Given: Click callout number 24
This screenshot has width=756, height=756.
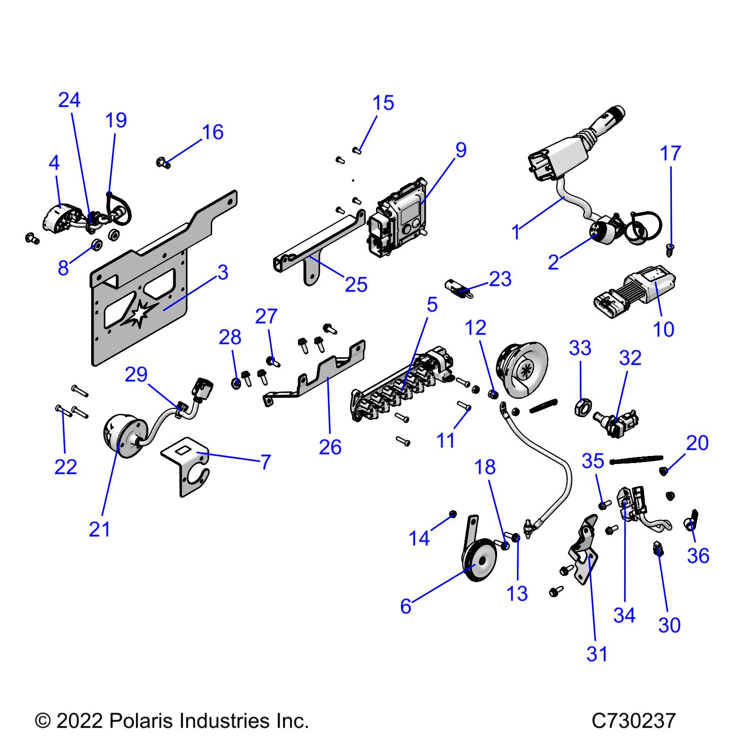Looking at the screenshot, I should pyautogui.click(x=69, y=100).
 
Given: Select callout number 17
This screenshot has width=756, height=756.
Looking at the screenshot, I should pyautogui.click(x=670, y=153).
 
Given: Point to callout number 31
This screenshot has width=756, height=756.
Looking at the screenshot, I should pyautogui.click(x=597, y=654).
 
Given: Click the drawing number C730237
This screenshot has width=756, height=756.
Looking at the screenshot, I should pyautogui.click(x=634, y=721).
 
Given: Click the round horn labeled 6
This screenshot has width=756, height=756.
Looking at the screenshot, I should pyautogui.click(x=477, y=562).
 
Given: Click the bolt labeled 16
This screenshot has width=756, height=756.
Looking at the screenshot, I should pyautogui.click(x=163, y=163).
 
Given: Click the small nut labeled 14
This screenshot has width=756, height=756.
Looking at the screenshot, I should pyautogui.click(x=453, y=514).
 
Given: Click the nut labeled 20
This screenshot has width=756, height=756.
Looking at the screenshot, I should pyautogui.click(x=664, y=471).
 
